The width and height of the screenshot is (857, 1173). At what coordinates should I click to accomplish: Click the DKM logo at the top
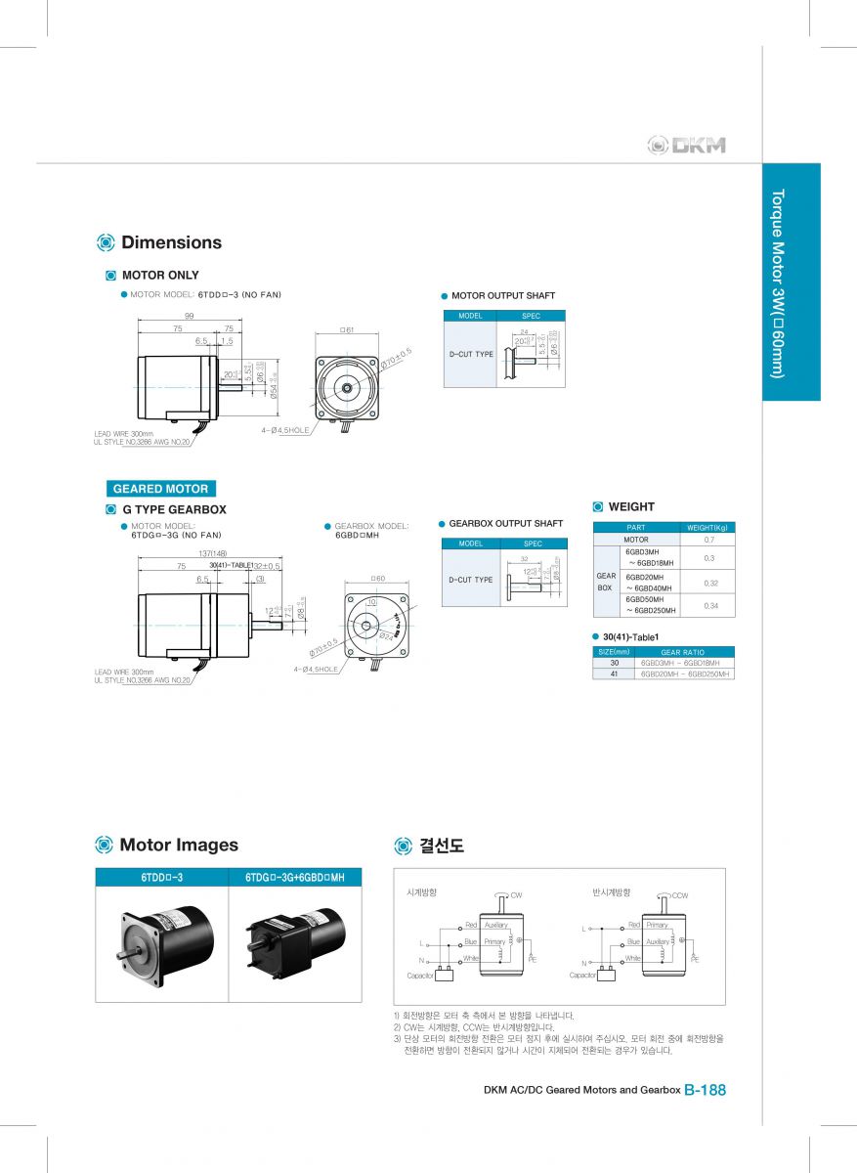click(686, 146)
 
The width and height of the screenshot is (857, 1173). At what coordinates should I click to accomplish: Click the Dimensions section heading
click(171, 242)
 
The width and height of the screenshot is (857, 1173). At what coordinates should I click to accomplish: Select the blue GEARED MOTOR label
click(160, 489)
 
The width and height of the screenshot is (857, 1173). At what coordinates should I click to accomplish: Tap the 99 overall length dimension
click(190, 316)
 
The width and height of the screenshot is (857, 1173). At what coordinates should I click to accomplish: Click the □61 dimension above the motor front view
click(346, 330)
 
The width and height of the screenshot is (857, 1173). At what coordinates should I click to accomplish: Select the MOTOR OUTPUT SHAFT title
click(502, 295)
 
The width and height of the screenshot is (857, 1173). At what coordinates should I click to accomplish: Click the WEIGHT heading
click(631, 506)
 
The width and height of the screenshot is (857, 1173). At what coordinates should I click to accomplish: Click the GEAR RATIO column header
click(682, 652)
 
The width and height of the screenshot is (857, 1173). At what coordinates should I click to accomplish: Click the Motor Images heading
click(178, 845)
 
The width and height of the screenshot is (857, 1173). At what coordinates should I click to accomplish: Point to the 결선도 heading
click(441, 846)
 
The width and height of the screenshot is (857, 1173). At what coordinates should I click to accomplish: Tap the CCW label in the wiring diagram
click(680, 895)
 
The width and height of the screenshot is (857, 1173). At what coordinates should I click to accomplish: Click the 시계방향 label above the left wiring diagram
click(421, 892)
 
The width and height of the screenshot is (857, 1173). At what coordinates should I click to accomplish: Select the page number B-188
click(705, 1090)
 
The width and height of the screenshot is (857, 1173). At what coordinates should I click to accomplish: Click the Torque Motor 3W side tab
click(791, 282)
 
